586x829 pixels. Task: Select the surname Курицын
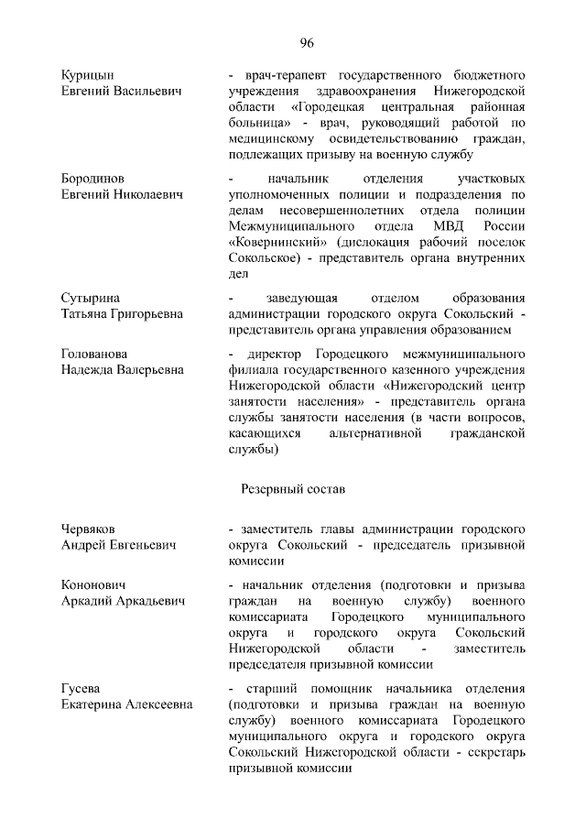[87, 74]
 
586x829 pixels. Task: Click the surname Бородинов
[93, 177]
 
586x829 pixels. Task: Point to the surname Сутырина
[91, 299]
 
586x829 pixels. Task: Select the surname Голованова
[95, 354]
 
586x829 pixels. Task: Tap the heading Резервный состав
[293, 489]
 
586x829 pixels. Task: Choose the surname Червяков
[92, 529]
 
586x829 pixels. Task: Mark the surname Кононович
[93, 584]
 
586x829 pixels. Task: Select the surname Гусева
[81, 688]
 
